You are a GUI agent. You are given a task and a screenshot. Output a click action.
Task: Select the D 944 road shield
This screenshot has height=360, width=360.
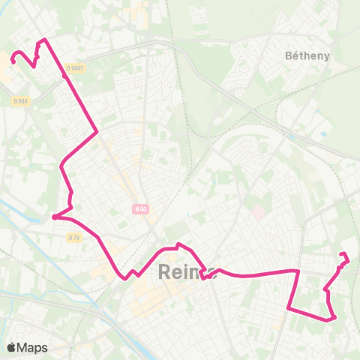click(x=19, y=100)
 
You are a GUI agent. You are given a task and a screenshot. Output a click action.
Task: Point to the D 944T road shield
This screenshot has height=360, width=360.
click(x=73, y=67)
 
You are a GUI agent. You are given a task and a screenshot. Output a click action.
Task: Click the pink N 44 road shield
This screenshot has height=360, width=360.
click(x=141, y=209)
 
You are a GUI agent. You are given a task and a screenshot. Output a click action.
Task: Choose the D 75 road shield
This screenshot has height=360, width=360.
click(x=73, y=238)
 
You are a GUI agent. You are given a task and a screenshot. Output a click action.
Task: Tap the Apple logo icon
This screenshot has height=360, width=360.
click(x=12, y=347)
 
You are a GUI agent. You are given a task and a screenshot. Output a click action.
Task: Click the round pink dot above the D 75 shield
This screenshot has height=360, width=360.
click(x=55, y=217)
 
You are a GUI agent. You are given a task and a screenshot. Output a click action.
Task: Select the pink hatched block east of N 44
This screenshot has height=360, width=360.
click(x=256, y=212)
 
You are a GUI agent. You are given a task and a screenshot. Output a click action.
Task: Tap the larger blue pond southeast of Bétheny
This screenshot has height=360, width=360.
click(x=323, y=134)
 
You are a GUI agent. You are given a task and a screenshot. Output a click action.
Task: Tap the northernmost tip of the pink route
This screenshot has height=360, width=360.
click(x=45, y=39)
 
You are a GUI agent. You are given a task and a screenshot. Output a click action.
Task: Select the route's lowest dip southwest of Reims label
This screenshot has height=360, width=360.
click(x=123, y=278)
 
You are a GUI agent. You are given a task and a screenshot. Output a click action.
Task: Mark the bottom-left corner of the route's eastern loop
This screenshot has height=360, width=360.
click(x=289, y=307)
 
